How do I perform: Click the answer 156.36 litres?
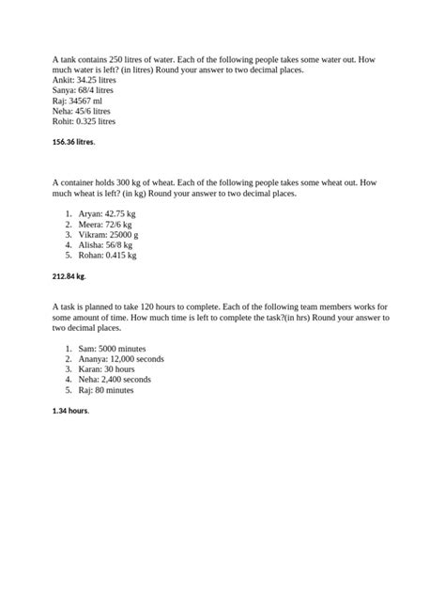coord(73,142)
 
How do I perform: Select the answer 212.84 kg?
coord(69,277)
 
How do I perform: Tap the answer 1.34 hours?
coord(70,411)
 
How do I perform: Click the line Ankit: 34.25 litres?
coord(84,82)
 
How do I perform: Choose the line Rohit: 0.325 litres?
coord(84,121)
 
